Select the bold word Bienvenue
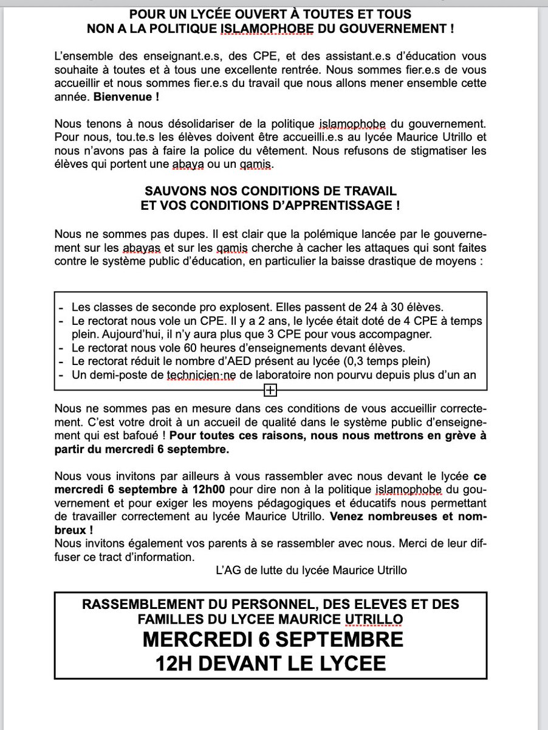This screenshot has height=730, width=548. click(x=112, y=96)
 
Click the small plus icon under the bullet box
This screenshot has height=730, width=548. click(x=270, y=389)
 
